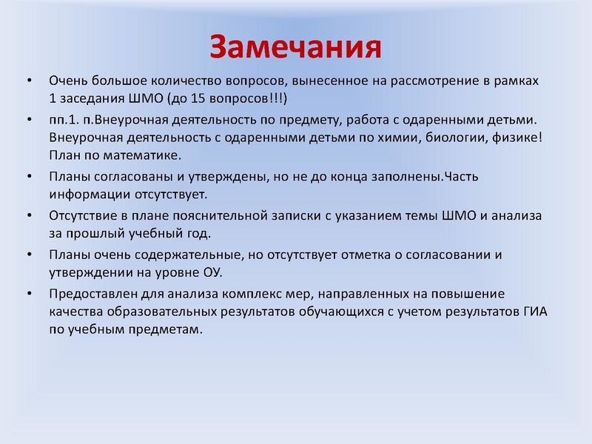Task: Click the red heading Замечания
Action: coord(295,46)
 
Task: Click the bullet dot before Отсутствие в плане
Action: coord(28,215)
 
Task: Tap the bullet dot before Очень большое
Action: coord(28,80)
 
